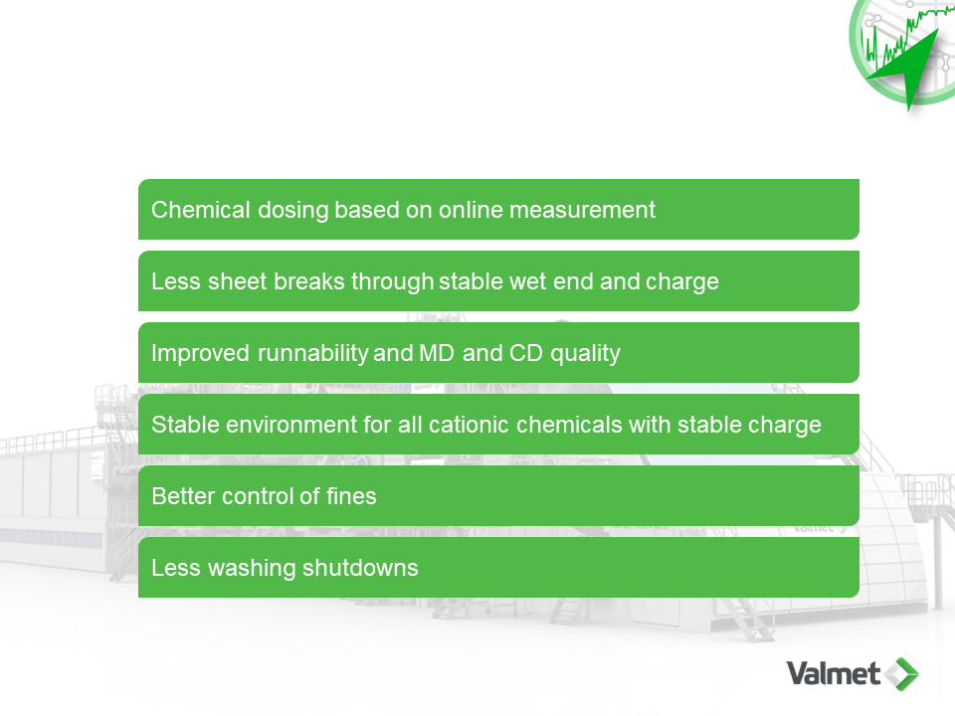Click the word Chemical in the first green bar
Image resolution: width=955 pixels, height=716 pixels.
pyautogui.click(x=200, y=210)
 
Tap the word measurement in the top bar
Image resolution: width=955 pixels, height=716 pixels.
pyautogui.click(x=582, y=210)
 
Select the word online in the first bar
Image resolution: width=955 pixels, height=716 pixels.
pyautogui.click(x=472, y=210)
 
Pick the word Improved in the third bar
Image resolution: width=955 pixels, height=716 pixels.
pyautogui.click(x=200, y=354)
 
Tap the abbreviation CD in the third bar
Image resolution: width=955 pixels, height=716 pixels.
pyautogui.click(x=525, y=353)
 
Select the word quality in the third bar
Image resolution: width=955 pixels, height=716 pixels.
pyautogui.click(x=585, y=354)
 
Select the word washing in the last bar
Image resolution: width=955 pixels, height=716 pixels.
pyautogui.click(x=252, y=569)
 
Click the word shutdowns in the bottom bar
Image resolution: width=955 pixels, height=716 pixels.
pyautogui.click(x=360, y=568)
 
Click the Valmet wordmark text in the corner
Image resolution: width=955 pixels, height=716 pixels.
pyautogui.click(x=834, y=673)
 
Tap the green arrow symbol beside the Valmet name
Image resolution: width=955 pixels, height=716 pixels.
pyautogui.click(x=901, y=674)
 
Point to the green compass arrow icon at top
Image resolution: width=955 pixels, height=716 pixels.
pyautogui.click(x=907, y=67)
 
